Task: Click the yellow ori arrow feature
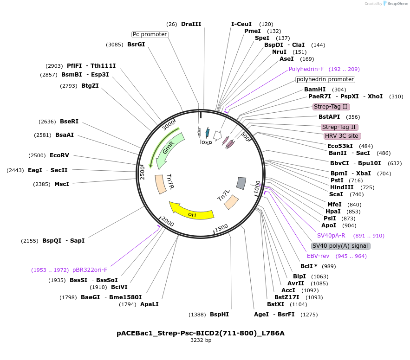click(x=191, y=211)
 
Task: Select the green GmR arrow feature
click(x=169, y=148)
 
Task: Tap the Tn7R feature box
click(x=162, y=184)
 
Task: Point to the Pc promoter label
click(x=150, y=34)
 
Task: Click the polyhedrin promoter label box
click(x=325, y=79)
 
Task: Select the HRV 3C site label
click(x=341, y=136)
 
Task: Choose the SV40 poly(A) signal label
click(x=340, y=246)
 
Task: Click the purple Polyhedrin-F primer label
click(x=306, y=69)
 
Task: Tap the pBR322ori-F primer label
click(x=90, y=270)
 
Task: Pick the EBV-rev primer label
click(x=318, y=256)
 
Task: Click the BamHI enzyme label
click(x=315, y=90)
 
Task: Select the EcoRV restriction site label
click(x=59, y=155)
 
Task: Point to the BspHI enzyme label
click(x=219, y=315)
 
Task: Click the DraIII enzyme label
click(x=191, y=24)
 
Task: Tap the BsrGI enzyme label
click(x=136, y=45)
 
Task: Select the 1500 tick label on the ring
click(x=221, y=227)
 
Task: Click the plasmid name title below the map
click(x=201, y=333)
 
